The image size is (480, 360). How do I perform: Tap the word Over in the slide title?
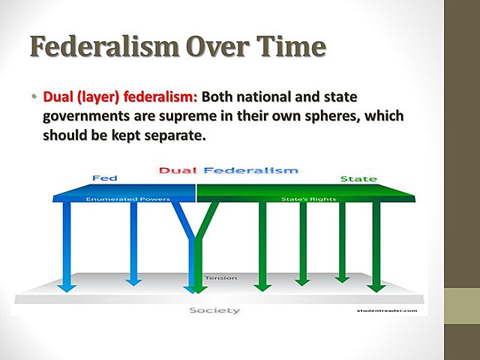212,46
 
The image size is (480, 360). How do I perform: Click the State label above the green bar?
358,179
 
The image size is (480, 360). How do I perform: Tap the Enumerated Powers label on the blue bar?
117,199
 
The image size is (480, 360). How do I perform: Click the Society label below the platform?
214,309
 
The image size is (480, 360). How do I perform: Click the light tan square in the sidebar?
462,306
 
